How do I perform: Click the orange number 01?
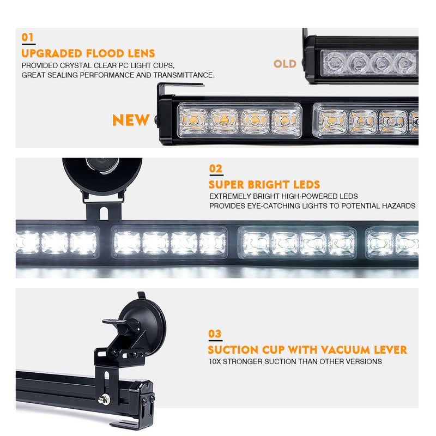point(27,37)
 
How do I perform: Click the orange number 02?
point(216,169)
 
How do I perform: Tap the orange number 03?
point(215,334)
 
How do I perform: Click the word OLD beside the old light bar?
point(285,64)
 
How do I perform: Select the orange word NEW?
point(131,120)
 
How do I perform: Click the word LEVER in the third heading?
point(388,350)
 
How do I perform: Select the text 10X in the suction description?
point(215,361)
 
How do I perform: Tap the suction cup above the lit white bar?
point(102,175)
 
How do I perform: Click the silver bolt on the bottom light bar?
point(102,400)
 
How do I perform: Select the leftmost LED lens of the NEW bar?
point(193,120)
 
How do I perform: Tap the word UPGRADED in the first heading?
point(52,53)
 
